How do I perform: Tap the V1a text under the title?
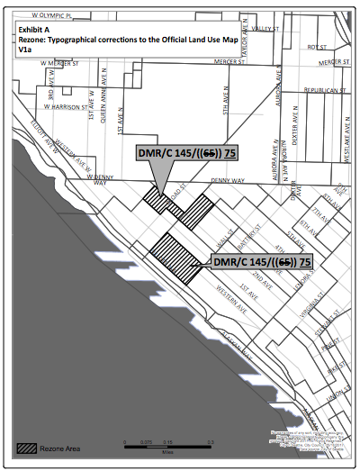pos(24,50)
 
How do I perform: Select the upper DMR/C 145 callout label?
pos(193,153)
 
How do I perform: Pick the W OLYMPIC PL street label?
pos(49,15)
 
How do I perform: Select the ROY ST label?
pos(316,47)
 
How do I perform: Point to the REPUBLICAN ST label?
pos(326,91)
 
